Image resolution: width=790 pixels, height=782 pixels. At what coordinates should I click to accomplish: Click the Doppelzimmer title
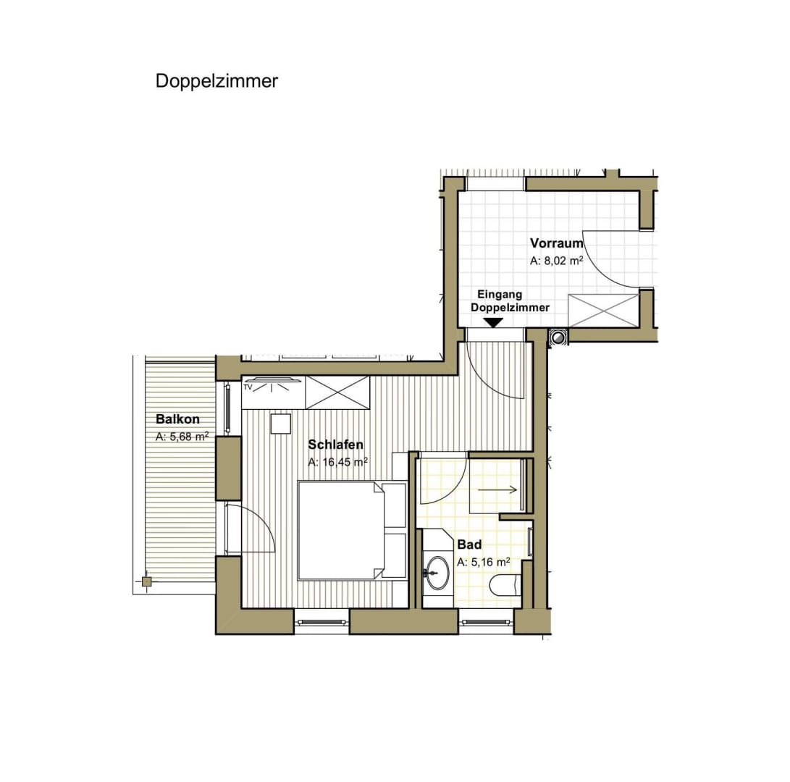(x=217, y=81)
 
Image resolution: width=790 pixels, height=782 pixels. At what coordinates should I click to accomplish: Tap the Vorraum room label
(x=556, y=243)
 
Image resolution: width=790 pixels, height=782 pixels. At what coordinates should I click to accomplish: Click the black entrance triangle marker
(x=492, y=322)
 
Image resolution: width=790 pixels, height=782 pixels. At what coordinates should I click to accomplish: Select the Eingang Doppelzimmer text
(x=510, y=300)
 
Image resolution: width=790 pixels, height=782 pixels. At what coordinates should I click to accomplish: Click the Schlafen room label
(x=335, y=445)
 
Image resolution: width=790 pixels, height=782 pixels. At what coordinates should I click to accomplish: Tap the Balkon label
(x=177, y=419)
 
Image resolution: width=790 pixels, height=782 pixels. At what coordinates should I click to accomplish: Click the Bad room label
(x=469, y=545)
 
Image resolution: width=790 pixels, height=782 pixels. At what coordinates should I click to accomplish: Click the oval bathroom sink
(x=437, y=573)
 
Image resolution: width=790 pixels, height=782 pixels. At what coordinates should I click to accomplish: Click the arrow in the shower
(x=497, y=489)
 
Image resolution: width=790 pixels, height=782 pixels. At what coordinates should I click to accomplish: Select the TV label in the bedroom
(x=248, y=387)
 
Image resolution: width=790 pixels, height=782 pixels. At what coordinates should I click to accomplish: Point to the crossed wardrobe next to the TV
(x=337, y=392)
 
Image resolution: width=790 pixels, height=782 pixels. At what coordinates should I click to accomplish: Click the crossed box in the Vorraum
(x=604, y=311)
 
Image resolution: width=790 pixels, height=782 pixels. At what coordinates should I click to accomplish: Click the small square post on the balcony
(x=146, y=582)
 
